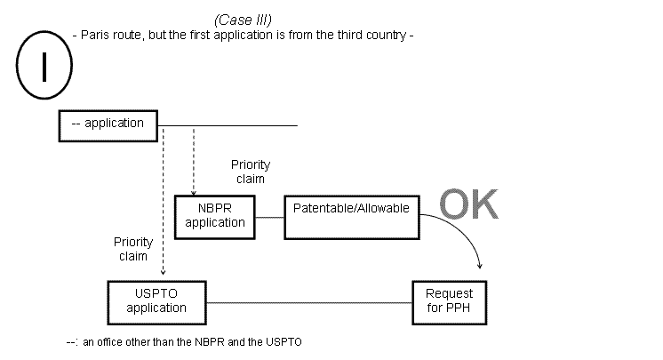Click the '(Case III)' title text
coord(242,20)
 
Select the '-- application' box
coord(107,124)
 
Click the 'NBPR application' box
coord(215,216)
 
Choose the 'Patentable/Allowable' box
coord(351,216)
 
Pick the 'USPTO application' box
coord(156,301)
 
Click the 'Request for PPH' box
coord(450,301)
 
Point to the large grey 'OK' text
coord(469,204)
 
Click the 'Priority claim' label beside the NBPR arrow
coord(250,172)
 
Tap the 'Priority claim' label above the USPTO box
coord(132,249)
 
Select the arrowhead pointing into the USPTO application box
coord(163,274)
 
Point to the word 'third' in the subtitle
coord(342,36)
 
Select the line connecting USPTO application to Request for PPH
coord(309,302)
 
